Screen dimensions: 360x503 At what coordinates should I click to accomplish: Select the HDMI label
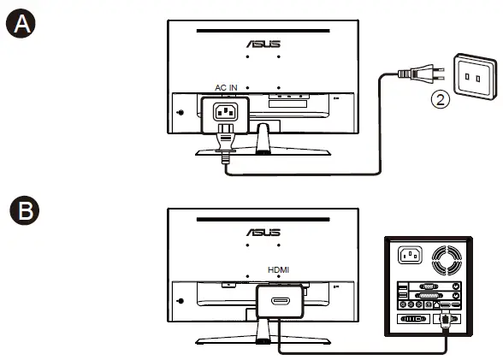(x=279, y=269)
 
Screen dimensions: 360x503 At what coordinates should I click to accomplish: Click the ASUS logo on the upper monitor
(x=263, y=43)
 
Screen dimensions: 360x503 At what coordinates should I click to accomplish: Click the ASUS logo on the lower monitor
(x=263, y=233)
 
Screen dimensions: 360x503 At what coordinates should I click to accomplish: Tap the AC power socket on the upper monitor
(x=225, y=111)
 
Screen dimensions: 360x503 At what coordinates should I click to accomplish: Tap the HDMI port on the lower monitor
(x=279, y=301)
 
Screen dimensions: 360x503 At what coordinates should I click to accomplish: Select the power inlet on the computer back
(x=406, y=256)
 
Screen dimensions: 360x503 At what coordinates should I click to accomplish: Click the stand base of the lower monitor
(x=263, y=342)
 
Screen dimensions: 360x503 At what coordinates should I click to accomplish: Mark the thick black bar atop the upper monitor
(x=263, y=31)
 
